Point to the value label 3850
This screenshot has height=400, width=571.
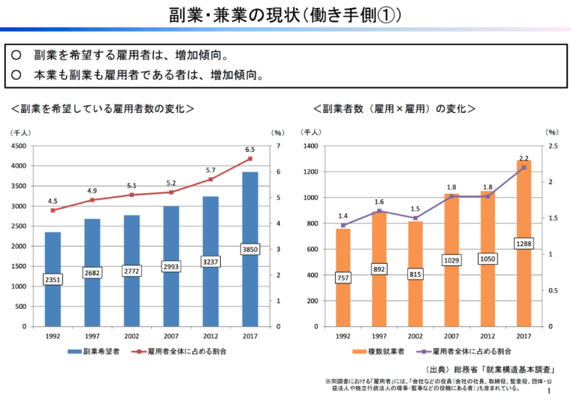[250, 249]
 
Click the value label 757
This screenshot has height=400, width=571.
[343, 277]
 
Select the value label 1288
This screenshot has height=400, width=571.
[524, 244]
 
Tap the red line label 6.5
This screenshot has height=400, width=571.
[250, 149]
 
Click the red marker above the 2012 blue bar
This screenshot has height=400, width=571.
[210, 180]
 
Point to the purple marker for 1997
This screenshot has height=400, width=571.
[379, 211]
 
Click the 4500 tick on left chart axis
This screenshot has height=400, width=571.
[18, 146]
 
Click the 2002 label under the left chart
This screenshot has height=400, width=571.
[131, 336]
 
